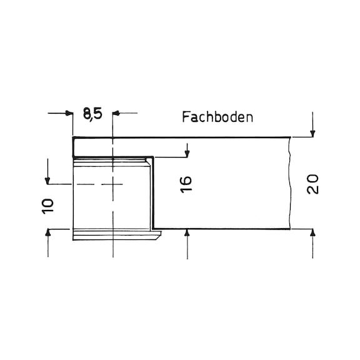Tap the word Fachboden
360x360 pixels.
217,117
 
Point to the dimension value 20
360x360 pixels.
312,184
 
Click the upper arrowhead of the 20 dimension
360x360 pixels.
312,133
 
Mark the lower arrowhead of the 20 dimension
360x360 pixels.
312,233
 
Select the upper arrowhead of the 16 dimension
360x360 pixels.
187,154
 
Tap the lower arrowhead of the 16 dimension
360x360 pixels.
187,233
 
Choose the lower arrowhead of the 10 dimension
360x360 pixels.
47,233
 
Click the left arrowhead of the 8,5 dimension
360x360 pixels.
69,113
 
